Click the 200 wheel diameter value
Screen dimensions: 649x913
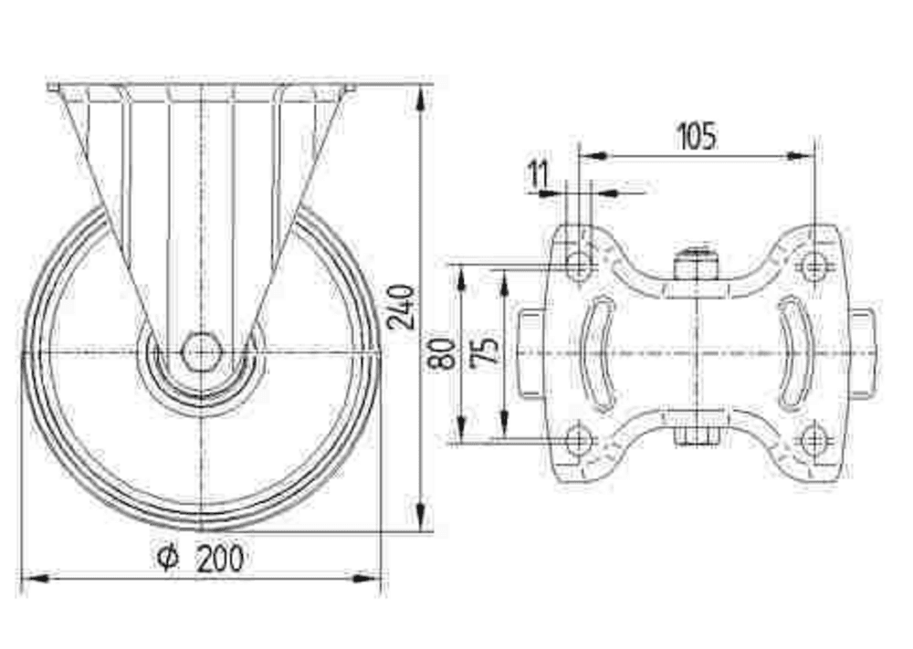pyautogui.click(x=220, y=557)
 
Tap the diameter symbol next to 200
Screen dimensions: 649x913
pyautogui.click(x=166, y=557)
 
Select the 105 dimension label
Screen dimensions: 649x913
pyautogui.click(x=697, y=136)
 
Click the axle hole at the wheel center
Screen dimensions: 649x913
pyautogui.click(x=200, y=352)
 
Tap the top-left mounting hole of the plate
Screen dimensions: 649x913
pyautogui.click(x=578, y=267)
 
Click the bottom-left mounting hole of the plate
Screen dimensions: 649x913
pyautogui.click(x=578, y=441)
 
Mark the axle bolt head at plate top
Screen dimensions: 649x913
pyautogui.click(x=697, y=264)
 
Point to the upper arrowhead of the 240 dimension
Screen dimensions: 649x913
pyautogui.click(x=420, y=97)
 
